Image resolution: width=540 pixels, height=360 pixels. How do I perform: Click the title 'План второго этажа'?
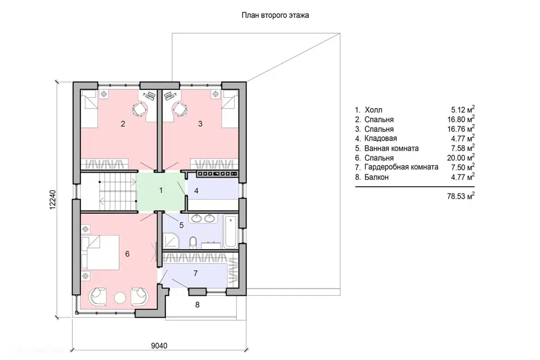coord(275,16)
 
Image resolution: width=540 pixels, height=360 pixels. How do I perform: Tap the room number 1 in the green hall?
coord(160,190)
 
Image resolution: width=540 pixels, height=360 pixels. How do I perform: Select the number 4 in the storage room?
coord(196,191)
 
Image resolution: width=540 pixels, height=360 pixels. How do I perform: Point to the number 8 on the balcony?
coord(197,304)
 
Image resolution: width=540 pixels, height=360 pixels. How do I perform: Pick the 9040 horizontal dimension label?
coord(159,345)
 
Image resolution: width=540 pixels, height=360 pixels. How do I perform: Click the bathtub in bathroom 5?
coord(231,231)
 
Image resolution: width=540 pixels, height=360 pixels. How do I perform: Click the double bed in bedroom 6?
coord(100,253)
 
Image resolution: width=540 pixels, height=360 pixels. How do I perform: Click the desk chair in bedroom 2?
coord(140,110)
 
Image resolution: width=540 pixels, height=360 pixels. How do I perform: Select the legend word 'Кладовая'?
coord(381,138)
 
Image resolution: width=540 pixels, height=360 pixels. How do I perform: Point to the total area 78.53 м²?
coord(461,196)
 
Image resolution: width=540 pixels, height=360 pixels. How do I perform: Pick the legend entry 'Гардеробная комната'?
coord(401,168)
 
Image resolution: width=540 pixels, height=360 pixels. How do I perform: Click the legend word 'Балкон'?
coord(376,177)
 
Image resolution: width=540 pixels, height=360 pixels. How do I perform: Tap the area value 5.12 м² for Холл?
coord(463,110)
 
